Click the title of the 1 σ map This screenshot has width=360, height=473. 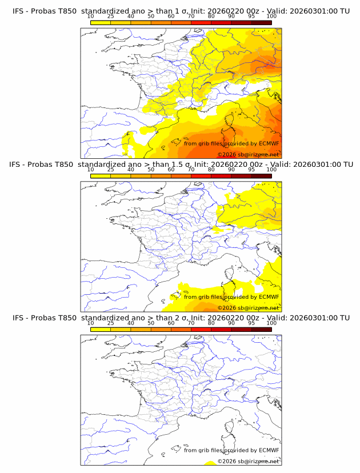(x=180, y=11)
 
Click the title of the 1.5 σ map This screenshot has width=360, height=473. (x=180, y=165)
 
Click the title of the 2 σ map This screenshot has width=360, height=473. (x=180, y=318)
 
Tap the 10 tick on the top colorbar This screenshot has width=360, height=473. (x=90, y=16)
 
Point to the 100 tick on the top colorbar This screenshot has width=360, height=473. (x=271, y=16)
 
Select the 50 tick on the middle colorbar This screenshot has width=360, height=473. (x=151, y=170)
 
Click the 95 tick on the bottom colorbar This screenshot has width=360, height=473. (x=251, y=323)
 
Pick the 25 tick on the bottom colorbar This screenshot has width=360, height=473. (x=110, y=323)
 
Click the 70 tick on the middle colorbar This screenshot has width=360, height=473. (x=191, y=170)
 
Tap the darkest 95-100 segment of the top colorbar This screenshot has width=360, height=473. (x=261, y=22)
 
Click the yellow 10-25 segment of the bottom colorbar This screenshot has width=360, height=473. (x=101, y=329)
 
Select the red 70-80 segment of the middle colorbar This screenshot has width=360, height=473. (x=201, y=176)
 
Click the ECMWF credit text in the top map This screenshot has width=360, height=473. (x=231, y=143)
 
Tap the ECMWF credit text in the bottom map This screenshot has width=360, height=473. (x=231, y=450)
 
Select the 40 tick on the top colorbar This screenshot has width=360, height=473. (x=131, y=16)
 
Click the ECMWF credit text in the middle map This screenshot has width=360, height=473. (x=231, y=297)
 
